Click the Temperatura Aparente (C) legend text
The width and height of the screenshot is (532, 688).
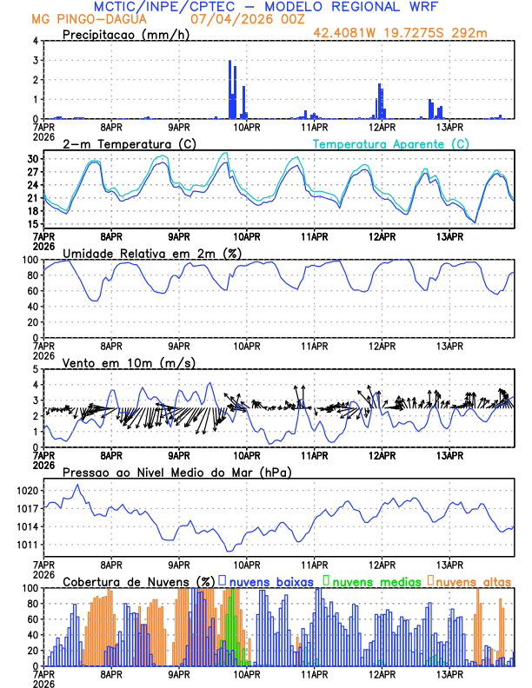(390, 143)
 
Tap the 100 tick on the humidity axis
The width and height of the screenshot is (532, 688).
(30, 260)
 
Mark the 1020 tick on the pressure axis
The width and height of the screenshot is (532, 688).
(27, 491)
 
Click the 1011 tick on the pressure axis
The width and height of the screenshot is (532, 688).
(27, 545)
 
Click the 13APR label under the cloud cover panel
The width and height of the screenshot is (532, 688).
(449, 673)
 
